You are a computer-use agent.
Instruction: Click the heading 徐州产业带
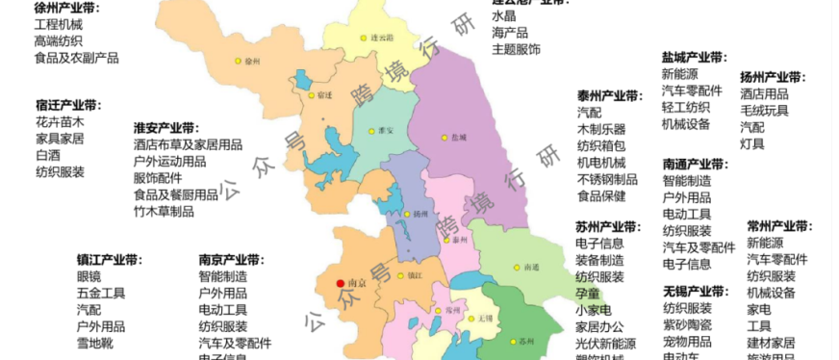[66, 7]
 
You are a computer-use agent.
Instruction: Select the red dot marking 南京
[339, 283]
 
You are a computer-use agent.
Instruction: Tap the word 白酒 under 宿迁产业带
[47, 155]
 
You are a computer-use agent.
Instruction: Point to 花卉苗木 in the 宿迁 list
[60, 122]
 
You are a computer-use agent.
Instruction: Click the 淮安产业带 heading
[165, 128]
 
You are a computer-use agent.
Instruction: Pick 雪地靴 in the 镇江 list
[95, 342]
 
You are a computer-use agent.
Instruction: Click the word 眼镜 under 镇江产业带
[89, 276]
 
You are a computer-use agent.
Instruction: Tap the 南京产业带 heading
[231, 260]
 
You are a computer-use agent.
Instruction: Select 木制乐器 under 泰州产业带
[601, 129]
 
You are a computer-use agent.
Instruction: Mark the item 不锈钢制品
[607, 179]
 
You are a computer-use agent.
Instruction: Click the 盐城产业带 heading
[694, 58]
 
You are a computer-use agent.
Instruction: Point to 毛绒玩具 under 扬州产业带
[764, 111]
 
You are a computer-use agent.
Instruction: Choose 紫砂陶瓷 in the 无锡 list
[687, 324]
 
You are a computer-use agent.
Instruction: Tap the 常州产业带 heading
[779, 226]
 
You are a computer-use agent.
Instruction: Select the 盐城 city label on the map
[458, 138]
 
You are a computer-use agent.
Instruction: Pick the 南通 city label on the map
[531, 267]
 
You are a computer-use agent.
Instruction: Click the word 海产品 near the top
[510, 33]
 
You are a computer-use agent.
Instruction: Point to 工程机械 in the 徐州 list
[59, 23]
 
